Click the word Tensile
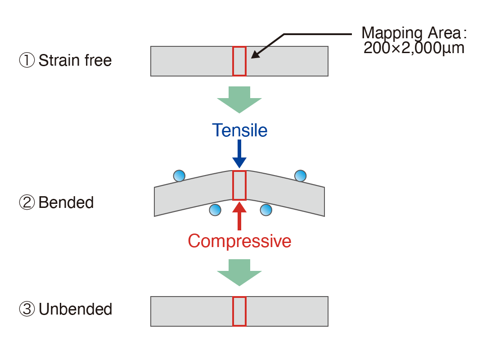coord(240,130)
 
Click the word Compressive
coord(239,241)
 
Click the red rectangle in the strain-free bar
coord(239,61)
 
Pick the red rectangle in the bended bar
coord(239,185)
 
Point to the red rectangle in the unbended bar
coord(239,311)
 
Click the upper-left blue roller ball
coord(179,175)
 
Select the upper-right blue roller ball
coord(300,175)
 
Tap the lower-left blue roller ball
coord(215,209)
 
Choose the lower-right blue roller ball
coord(266,209)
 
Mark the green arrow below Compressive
coord(239,272)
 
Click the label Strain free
coord(75,60)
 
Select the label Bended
coord(66,202)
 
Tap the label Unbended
coord(75,309)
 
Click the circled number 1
coord(27,60)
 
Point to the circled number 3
coord(27,309)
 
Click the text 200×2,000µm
coord(414,48)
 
